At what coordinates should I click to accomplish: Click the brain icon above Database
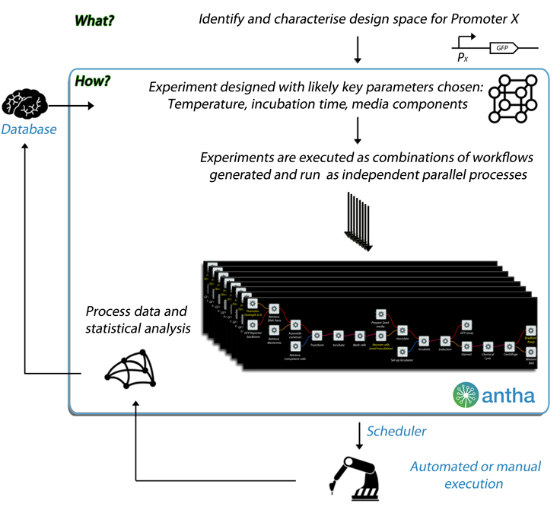pos(27,103)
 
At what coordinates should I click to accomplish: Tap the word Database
pos(29,129)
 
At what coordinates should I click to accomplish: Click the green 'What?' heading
pos(95,19)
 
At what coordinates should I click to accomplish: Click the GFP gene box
pos(501,47)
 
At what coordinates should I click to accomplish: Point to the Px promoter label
pos(462,57)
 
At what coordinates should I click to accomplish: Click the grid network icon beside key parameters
pos(511,99)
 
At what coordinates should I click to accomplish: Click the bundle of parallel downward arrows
pos(358,221)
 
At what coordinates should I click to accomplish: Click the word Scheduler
pos(396,431)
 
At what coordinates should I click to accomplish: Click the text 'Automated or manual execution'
pos(457,475)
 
